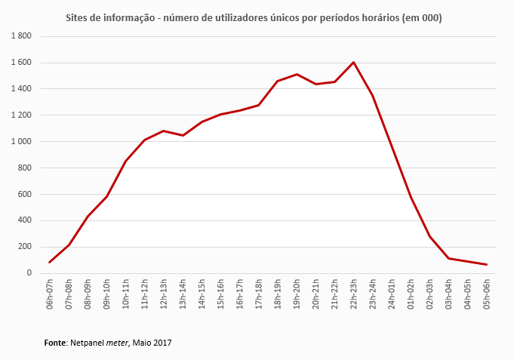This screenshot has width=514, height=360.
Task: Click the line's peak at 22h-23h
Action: [353, 62]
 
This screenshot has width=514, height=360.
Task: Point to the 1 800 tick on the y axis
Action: [21, 36]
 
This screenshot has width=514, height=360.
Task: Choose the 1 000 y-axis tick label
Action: [21, 142]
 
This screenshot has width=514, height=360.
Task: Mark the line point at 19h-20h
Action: [297, 74]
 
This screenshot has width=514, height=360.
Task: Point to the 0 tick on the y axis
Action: [29, 273]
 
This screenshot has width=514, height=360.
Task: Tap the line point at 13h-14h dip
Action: [183, 135]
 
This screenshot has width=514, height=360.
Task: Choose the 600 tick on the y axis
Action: [24, 195]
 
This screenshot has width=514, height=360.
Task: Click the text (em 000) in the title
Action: [423, 17]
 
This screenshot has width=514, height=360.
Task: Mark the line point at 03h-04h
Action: [448, 258]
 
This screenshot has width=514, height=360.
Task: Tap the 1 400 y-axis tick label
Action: [21, 89]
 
